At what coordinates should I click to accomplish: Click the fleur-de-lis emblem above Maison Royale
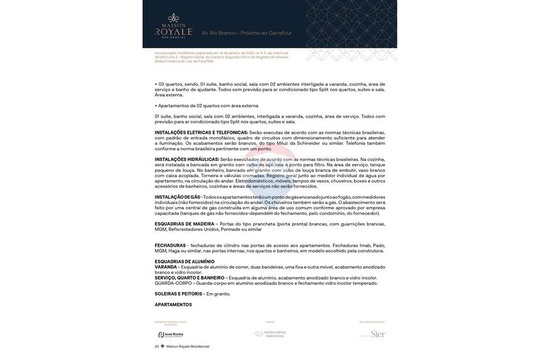pyautogui.click(x=173, y=18)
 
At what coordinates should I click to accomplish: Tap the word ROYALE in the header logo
pyautogui.click(x=173, y=32)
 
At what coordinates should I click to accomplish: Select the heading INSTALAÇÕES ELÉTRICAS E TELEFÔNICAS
pyautogui.click(x=201, y=133)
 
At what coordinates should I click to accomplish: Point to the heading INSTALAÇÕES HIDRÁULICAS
pyautogui.click(x=187, y=160)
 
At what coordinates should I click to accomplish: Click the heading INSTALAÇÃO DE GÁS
pyautogui.click(x=177, y=198)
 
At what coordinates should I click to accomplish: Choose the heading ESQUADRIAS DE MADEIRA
pyautogui.click(x=184, y=224)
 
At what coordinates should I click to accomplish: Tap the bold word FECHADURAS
pyautogui.click(x=170, y=246)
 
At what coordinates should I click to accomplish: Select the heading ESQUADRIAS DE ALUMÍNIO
pyautogui.click(x=185, y=262)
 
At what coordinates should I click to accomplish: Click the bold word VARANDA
pyautogui.click(x=166, y=267)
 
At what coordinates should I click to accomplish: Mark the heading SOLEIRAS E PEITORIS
pyautogui.click(x=178, y=294)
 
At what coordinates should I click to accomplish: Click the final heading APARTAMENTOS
pyautogui.click(x=173, y=305)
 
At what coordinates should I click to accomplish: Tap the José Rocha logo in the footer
pyautogui.click(x=171, y=335)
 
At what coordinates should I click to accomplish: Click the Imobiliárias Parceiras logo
pyautogui.click(x=270, y=334)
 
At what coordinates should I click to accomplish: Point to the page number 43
pyautogui.click(x=157, y=347)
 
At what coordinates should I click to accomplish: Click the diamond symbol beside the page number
pyautogui.click(x=162, y=347)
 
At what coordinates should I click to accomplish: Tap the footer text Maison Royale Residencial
pyautogui.click(x=187, y=347)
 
